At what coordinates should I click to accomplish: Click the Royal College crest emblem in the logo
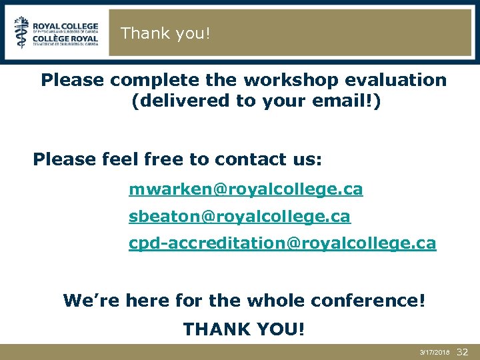pos(22,32)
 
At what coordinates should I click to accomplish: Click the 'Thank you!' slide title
pos(165,33)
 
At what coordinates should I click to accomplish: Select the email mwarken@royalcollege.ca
pos(246,190)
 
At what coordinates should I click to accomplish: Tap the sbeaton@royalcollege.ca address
pos(239,217)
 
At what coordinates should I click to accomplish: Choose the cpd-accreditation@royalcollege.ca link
pos(282,243)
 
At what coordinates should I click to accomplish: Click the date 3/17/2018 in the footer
pos(435,351)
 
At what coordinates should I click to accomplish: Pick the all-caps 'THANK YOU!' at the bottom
pos(244,329)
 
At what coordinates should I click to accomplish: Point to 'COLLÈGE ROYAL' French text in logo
pos(65,39)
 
